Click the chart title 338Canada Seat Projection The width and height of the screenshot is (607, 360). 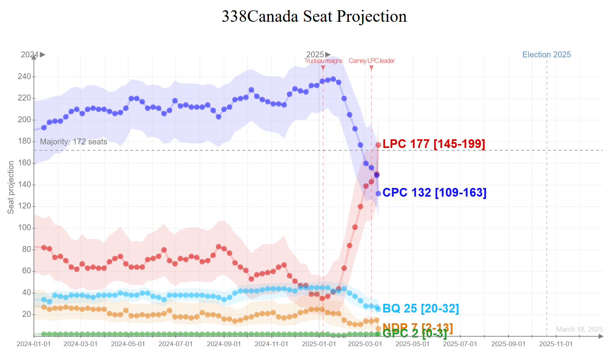pos(314,17)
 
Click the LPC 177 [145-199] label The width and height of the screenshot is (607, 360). pos(434,144)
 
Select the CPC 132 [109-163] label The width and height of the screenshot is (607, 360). pos(434,193)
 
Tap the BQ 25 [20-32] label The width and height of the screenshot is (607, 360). pos(421,309)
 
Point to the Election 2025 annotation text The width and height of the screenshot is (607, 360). pos(546,55)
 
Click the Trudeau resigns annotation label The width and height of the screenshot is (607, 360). pos(323,61)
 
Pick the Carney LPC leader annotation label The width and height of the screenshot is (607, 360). pos(372,61)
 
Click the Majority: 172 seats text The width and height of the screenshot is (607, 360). pos(74,142)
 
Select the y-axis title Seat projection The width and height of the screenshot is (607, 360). pos(11,188)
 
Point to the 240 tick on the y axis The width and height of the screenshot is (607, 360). pos(24,76)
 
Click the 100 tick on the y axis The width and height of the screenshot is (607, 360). pos(24,228)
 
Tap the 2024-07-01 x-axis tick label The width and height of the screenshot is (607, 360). pos(175,344)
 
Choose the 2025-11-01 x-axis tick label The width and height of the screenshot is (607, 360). pos(556,344)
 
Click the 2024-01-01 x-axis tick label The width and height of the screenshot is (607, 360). pos(34,344)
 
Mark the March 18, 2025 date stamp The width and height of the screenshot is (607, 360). pos(579,329)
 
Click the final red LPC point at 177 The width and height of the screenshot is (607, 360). pos(378,145)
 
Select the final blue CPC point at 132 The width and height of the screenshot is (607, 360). pos(378,193)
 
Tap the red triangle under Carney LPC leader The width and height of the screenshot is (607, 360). pos(371,68)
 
